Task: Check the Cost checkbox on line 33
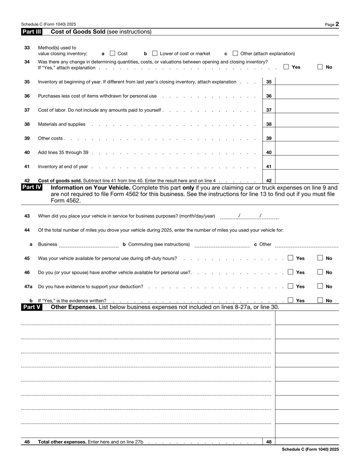click(112, 54)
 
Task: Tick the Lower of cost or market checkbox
click(155, 54)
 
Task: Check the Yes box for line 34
click(287, 67)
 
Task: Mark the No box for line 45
click(320, 258)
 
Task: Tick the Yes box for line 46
click(291, 272)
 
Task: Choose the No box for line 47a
click(320, 286)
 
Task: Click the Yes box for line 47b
click(291, 300)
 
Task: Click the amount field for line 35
click(306, 82)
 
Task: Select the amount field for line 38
click(306, 124)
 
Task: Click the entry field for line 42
click(306, 181)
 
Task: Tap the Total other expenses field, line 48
click(306, 442)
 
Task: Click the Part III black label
click(31, 32)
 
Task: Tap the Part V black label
click(31, 308)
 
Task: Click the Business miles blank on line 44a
click(89, 244)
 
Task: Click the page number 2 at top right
click(337, 24)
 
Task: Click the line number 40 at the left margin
click(27, 153)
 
